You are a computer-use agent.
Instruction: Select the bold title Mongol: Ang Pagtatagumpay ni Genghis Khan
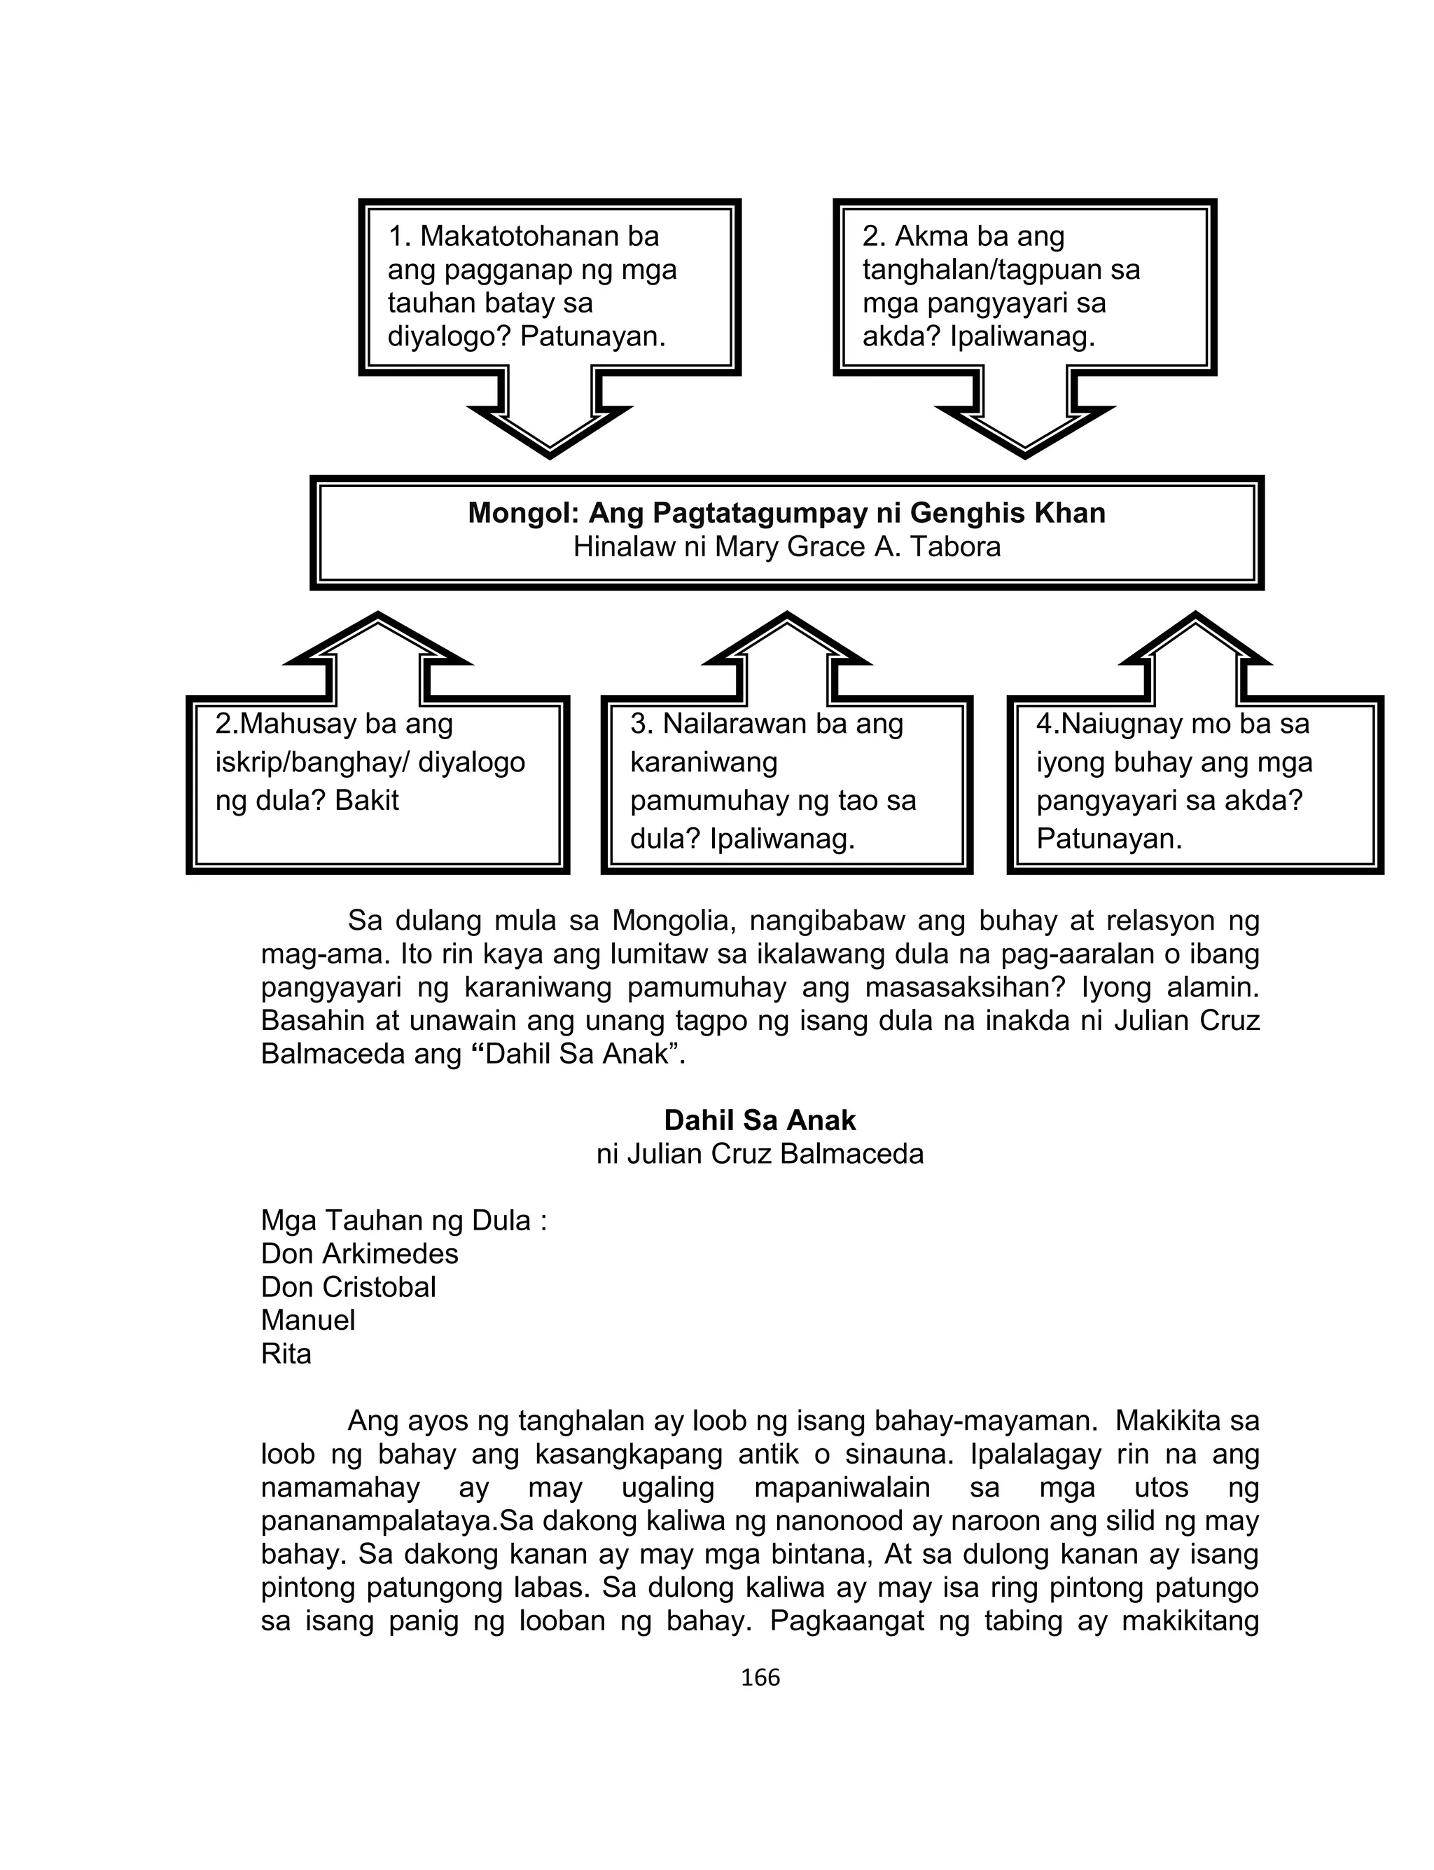(786, 512)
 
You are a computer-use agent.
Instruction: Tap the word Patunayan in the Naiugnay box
(1109, 839)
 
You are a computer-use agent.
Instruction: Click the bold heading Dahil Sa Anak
(760, 1120)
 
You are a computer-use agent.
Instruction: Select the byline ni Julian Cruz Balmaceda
(760, 1155)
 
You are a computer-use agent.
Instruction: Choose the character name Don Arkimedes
(359, 1253)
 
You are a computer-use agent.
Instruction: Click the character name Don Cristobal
(348, 1287)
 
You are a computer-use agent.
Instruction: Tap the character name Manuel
(308, 1320)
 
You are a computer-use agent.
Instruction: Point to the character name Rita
(286, 1354)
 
